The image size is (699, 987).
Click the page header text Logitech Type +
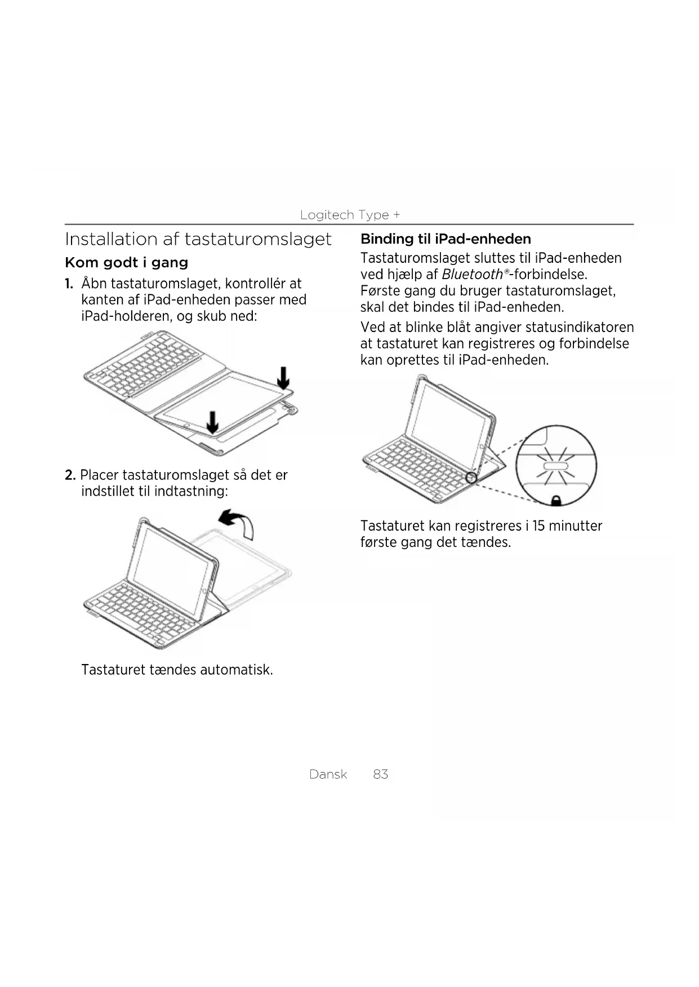(350, 215)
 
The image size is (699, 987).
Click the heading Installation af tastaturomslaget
(198, 239)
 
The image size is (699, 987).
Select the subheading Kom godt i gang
(126, 263)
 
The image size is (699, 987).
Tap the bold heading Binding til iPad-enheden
(445, 239)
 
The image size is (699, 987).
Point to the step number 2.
(70, 475)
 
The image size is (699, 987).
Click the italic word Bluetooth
(471, 275)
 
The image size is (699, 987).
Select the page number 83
(380, 774)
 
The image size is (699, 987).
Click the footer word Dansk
(328, 774)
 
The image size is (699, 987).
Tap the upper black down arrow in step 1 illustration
(284, 378)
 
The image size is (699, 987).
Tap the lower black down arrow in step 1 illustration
(212, 422)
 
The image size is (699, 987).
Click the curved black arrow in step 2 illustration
(237, 523)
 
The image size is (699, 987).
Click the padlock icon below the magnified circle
(555, 500)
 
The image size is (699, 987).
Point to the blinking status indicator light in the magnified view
(556, 466)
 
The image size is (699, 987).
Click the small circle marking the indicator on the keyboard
(471, 478)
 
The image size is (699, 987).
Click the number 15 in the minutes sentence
(538, 526)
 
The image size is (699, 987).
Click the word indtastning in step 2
(190, 491)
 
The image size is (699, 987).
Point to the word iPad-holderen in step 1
(126, 316)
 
